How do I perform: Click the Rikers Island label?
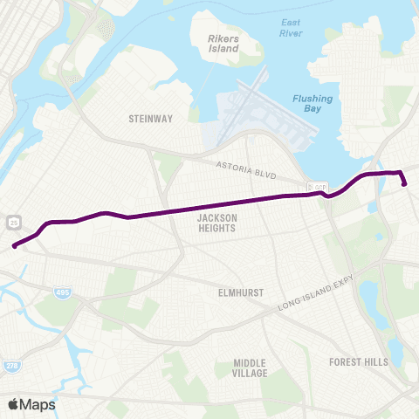[223, 44]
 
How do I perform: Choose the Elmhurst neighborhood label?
[241, 294]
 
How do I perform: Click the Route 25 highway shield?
[15, 223]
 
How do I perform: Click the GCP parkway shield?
[319, 187]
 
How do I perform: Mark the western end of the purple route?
[15, 246]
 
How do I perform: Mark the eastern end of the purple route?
[405, 183]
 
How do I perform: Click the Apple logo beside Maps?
[14, 404]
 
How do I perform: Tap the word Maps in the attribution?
[38, 404]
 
